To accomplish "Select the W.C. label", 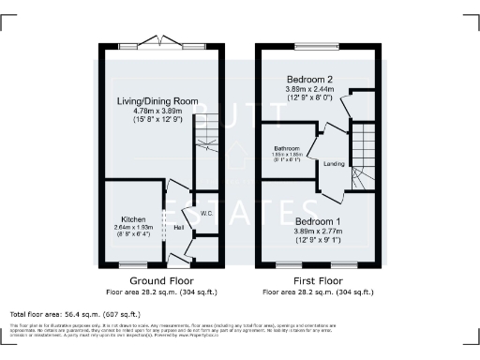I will click(x=208, y=214).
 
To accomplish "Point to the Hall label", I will click(x=178, y=227).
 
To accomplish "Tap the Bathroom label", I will click(x=286, y=148).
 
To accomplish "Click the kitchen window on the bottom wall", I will click(x=133, y=266).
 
